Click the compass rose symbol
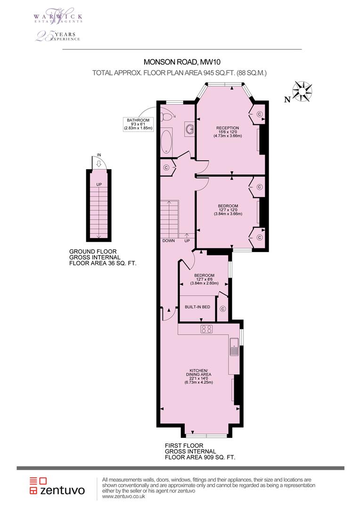303,92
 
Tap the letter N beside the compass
286,99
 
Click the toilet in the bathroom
167,116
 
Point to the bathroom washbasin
189,129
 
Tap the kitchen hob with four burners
206,329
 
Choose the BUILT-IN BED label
197,307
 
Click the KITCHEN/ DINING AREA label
198,375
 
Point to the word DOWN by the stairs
169,241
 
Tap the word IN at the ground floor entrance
99,155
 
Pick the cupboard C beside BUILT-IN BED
223,309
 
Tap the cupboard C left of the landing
166,167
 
